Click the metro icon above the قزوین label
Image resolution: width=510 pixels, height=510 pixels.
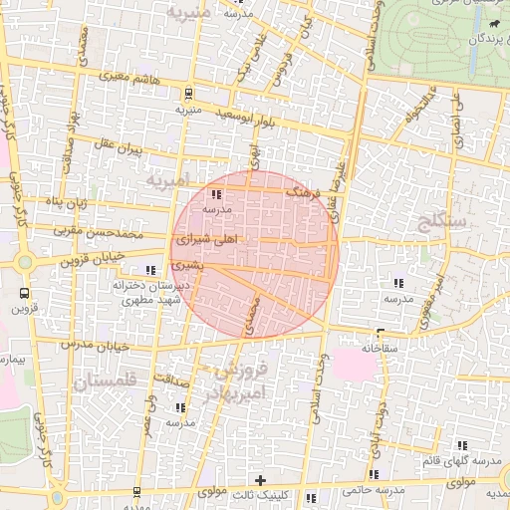coord(24,293)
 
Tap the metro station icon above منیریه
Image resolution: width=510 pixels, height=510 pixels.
coord(188,95)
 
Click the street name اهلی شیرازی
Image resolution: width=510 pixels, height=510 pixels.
coord(206,240)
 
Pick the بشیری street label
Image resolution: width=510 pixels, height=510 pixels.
coord(186,267)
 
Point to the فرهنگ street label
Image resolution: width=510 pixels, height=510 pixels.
coord(300,190)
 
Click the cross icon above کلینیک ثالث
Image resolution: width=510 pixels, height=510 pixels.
coord(260,481)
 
